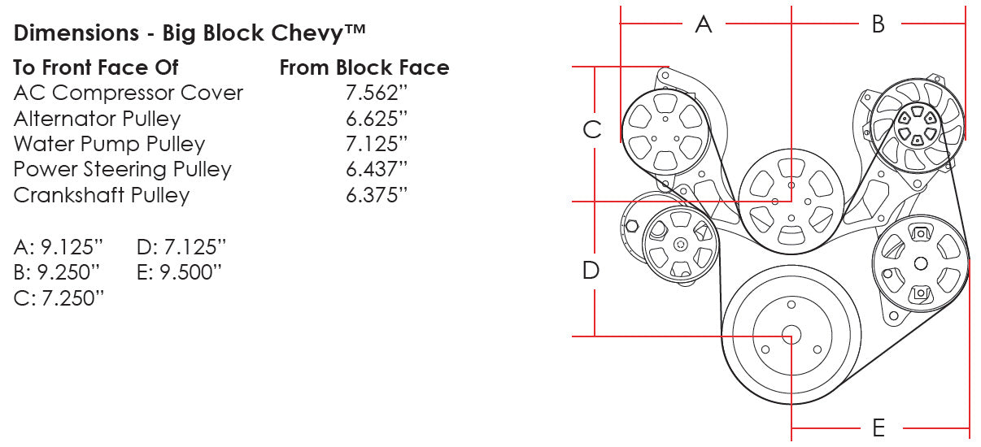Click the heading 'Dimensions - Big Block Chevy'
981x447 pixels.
click(190, 33)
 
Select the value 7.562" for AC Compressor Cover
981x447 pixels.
click(376, 93)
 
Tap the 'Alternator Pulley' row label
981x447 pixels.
click(97, 119)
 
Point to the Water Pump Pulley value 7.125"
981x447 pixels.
click(376, 144)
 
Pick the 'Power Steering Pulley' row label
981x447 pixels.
click(122, 170)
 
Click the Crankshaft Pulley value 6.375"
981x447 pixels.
click(376, 195)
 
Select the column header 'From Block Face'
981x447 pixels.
click(364, 67)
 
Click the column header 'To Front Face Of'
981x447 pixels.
click(96, 67)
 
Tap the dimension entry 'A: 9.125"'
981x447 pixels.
click(59, 247)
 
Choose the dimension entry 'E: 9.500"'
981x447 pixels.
click(179, 272)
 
